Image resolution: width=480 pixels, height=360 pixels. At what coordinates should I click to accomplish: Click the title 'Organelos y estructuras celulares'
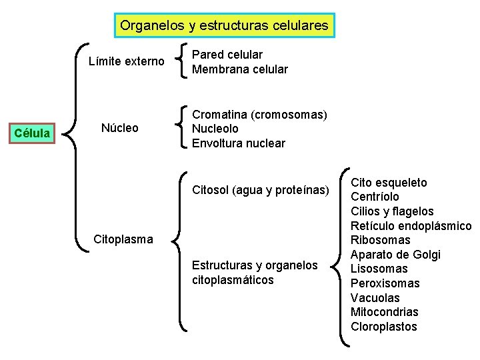(x=224, y=26)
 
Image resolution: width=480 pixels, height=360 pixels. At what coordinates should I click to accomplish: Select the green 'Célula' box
(x=32, y=133)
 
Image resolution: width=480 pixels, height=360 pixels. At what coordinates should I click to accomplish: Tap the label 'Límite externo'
(x=127, y=62)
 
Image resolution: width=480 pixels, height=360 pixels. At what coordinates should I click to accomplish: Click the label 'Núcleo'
(x=120, y=128)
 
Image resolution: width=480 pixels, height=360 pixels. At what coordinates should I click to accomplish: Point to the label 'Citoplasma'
(x=123, y=239)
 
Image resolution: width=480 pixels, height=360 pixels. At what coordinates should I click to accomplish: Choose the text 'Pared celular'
(x=227, y=55)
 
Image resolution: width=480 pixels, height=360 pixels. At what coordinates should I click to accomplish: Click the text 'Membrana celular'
(x=240, y=69)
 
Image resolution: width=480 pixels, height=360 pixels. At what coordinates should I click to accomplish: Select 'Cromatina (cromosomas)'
(x=259, y=115)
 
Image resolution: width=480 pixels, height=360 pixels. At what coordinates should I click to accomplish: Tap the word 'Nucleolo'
(x=215, y=129)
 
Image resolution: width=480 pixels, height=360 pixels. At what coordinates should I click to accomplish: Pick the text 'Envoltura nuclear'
(x=238, y=143)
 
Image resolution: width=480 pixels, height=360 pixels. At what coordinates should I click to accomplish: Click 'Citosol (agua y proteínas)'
(x=261, y=191)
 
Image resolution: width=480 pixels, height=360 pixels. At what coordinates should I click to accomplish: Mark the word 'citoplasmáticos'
(x=233, y=280)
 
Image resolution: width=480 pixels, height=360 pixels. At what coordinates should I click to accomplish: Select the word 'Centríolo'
(x=375, y=197)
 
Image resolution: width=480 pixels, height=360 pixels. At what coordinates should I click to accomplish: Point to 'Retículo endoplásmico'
(x=411, y=226)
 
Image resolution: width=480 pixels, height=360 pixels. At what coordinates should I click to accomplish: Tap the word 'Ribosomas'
(x=380, y=240)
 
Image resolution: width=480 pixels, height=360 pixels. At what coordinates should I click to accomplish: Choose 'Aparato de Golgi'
(x=395, y=255)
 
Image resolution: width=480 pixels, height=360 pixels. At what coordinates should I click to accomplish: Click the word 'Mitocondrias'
(x=385, y=312)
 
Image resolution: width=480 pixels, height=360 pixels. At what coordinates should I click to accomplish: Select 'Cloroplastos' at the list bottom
(x=384, y=327)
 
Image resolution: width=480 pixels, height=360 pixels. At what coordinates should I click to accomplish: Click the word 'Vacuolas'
(x=375, y=298)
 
